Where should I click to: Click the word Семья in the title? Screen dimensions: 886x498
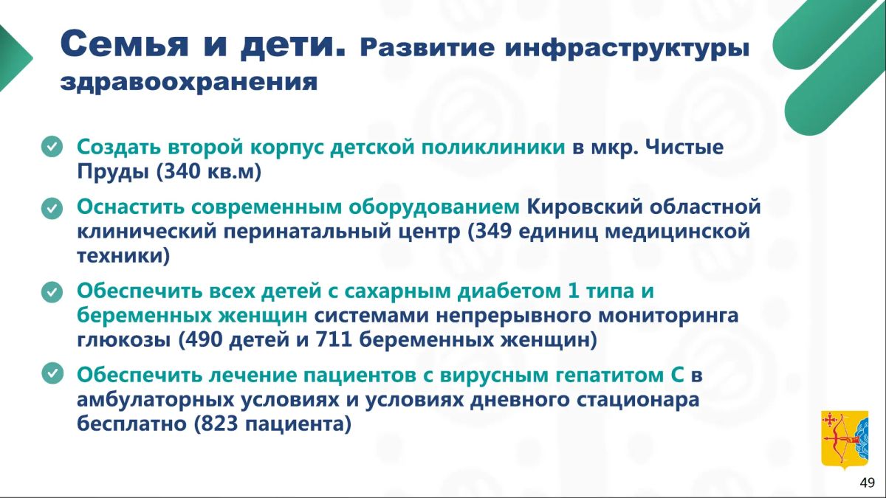coord(124,44)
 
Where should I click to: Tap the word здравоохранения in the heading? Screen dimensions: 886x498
coord(189,83)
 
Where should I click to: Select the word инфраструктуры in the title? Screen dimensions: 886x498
coord(627,49)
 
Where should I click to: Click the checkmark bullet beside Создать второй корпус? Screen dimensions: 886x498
coord(52,147)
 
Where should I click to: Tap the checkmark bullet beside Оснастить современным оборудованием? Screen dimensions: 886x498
coord(52,208)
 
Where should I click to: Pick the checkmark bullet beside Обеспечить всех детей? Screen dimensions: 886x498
coord(52,292)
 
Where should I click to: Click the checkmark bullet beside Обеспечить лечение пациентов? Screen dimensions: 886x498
coord(52,373)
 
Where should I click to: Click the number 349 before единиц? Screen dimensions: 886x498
coord(493,231)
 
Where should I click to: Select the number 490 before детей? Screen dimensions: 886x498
coord(204,339)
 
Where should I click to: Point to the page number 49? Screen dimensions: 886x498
coord(867,483)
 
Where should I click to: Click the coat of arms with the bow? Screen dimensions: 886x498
coord(845,440)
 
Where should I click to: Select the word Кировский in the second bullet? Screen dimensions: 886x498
coord(585,207)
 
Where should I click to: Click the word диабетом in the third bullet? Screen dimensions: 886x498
coord(509,291)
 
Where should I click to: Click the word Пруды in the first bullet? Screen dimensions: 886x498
coord(113,173)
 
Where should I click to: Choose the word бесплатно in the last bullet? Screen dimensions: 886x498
coord(131,423)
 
